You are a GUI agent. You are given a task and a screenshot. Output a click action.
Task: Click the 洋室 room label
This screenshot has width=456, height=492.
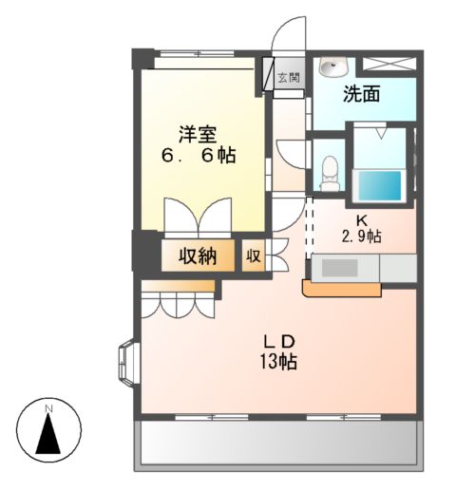[198, 133]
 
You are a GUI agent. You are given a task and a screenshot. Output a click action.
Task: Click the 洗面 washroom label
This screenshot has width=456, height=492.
[362, 95]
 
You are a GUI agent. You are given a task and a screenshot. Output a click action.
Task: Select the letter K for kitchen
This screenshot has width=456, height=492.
[361, 219]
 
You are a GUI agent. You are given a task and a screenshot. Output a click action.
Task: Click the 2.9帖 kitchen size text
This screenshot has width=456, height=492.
[361, 237]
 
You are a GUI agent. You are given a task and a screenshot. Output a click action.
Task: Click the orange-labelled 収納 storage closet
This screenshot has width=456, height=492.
[195, 255]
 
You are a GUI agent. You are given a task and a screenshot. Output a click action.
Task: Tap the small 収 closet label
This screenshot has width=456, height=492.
[255, 255]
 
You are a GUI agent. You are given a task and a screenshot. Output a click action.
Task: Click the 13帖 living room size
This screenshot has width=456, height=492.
[280, 362]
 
